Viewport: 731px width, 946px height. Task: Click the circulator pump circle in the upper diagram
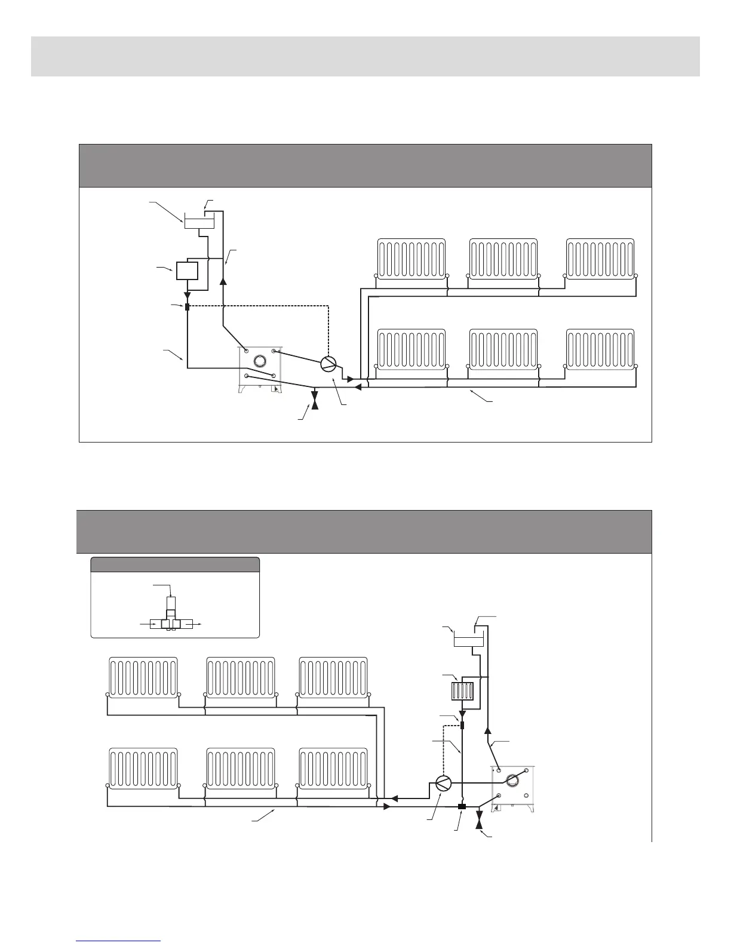point(328,364)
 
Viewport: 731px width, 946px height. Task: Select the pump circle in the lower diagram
point(443,784)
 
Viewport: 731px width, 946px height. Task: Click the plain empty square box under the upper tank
point(186,271)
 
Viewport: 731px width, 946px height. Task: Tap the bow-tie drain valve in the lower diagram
point(479,819)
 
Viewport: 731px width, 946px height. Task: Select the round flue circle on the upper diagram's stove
point(260,360)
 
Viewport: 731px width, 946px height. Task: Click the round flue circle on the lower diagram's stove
point(512,779)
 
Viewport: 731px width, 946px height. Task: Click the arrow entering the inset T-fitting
point(149,623)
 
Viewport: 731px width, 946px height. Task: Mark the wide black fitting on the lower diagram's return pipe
point(462,807)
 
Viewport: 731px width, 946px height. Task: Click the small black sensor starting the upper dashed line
point(187,307)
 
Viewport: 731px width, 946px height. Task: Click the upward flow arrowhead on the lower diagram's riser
point(487,730)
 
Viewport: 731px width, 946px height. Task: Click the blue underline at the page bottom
point(118,941)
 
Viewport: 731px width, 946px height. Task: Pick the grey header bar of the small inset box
point(175,564)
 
